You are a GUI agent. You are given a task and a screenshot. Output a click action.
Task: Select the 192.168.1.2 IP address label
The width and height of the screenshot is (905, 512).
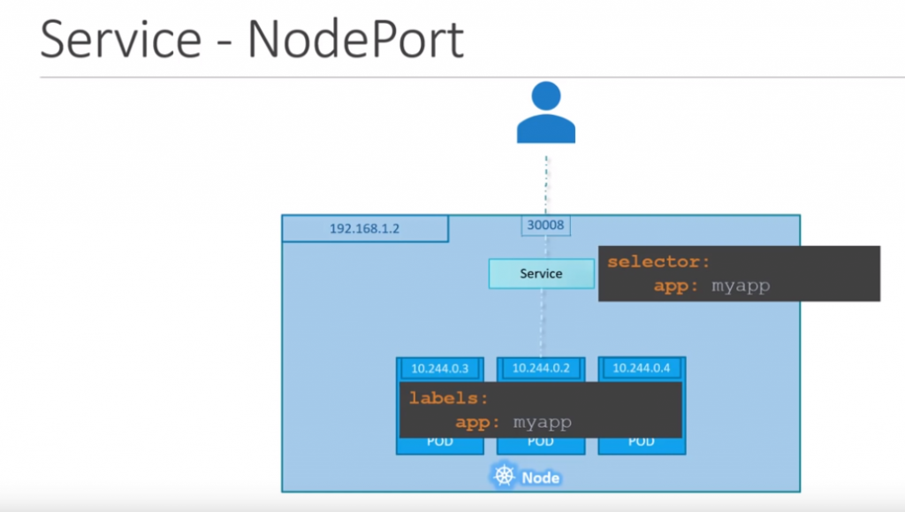(x=364, y=228)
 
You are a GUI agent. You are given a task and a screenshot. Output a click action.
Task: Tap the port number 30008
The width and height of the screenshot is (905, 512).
(x=545, y=226)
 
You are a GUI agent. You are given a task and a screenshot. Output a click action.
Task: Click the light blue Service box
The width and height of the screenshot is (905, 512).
(x=541, y=273)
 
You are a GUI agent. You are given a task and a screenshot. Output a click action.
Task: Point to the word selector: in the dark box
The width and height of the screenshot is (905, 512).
(x=658, y=263)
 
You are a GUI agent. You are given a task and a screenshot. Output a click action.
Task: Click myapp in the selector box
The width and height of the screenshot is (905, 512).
(x=741, y=286)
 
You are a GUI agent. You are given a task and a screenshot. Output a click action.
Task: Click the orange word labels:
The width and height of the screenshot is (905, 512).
(x=448, y=399)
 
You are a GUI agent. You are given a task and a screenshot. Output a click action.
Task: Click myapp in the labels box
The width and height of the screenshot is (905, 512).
(x=543, y=422)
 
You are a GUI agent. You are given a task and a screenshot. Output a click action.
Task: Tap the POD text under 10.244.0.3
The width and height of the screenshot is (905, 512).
(x=440, y=442)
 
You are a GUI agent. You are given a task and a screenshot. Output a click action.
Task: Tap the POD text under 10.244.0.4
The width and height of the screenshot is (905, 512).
(x=642, y=442)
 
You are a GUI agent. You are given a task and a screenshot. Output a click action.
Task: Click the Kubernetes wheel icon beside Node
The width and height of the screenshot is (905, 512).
(x=504, y=477)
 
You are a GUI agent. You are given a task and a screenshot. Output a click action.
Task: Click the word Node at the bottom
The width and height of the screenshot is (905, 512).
(x=540, y=478)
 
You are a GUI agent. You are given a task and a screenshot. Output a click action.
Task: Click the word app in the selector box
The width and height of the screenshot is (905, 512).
(x=673, y=286)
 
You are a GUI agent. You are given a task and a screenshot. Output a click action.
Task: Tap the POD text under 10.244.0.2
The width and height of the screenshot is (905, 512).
(x=541, y=442)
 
